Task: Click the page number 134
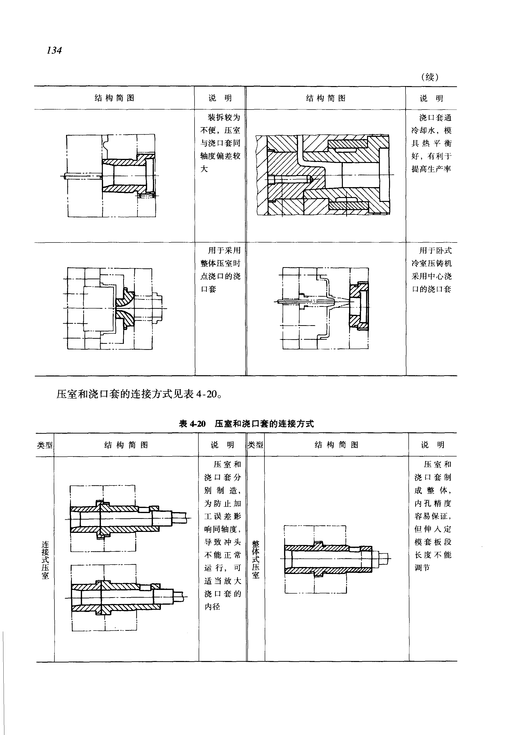(x=54, y=51)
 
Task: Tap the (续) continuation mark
(x=430, y=77)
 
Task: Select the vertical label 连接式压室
(x=45, y=560)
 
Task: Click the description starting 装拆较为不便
(x=220, y=143)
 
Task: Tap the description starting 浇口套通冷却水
(x=431, y=143)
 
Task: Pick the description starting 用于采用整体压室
(x=220, y=270)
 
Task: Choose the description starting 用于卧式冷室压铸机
(x=431, y=270)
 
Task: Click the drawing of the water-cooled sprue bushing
(x=323, y=175)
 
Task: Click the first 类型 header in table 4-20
(x=45, y=445)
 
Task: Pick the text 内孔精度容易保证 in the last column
(x=433, y=510)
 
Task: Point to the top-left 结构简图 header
(x=114, y=98)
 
